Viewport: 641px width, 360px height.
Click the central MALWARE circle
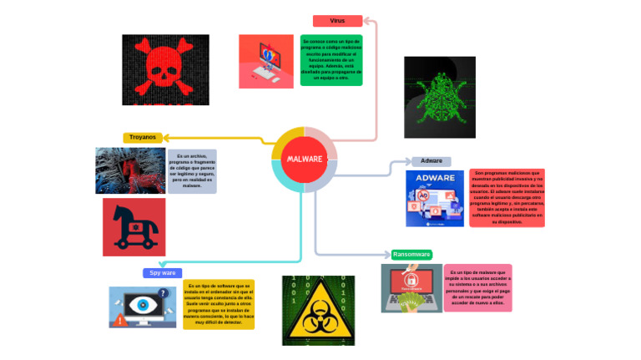pyautogui.click(x=304, y=160)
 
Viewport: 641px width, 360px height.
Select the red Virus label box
pyautogui.click(x=337, y=21)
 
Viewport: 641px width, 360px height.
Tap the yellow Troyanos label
pyautogui.click(x=143, y=138)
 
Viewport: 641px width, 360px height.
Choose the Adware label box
pyautogui.click(x=431, y=161)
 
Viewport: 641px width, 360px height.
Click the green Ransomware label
pyautogui.click(x=411, y=255)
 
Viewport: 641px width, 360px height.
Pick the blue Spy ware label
pyautogui.click(x=162, y=273)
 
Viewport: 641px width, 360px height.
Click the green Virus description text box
pyautogui.click(x=331, y=60)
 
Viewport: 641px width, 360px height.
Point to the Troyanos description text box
pyautogui.click(x=192, y=171)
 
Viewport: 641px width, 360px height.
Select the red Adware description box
pyautogui.click(x=507, y=198)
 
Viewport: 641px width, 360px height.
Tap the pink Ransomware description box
pyautogui.click(x=477, y=288)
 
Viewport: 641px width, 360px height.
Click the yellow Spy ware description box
pyautogui.click(x=218, y=305)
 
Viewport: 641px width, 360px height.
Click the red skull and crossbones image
pyautogui.click(x=165, y=69)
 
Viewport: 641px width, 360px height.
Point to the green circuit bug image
pyautogui.click(x=439, y=97)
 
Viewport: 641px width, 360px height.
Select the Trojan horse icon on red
pyautogui.click(x=134, y=227)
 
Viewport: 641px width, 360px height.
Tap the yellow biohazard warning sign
pyautogui.click(x=318, y=311)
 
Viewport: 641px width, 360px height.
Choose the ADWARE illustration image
pyautogui.click(x=434, y=199)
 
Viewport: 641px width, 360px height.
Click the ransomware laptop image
pyautogui.click(x=411, y=288)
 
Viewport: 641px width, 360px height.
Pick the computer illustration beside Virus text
pyautogui.click(x=265, y=61)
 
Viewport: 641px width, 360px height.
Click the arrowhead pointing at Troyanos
pyautogui.click(x=165, y=138)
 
